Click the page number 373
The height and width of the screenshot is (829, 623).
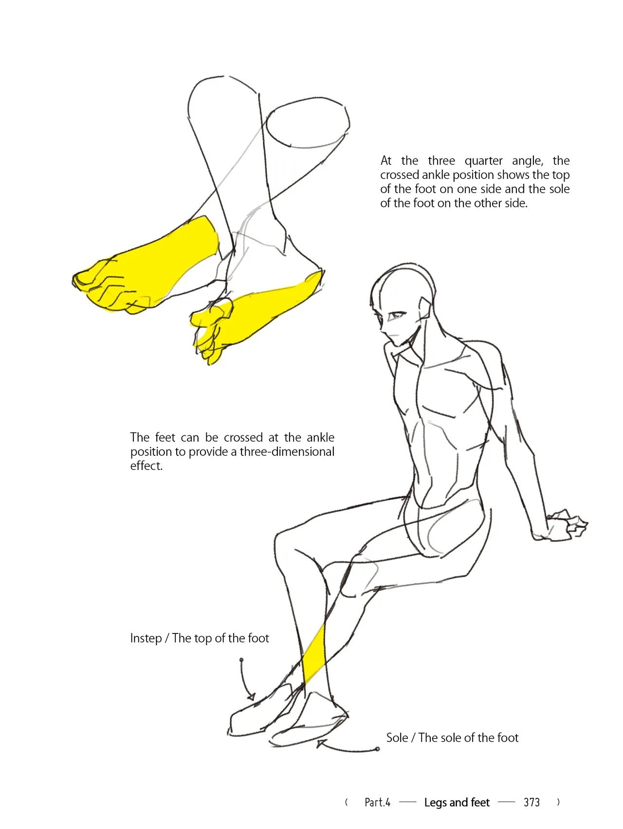[531, 802]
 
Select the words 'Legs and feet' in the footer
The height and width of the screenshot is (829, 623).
[457, 802]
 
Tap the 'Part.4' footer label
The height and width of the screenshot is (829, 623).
[377, 802]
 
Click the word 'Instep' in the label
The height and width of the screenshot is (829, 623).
[146, 638]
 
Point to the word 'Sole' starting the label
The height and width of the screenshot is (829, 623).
[397, 738]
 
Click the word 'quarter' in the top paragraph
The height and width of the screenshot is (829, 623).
[483, 161]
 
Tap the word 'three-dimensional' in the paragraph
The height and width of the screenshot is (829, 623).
[287, 451]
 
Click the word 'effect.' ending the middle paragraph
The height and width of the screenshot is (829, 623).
[146, 466]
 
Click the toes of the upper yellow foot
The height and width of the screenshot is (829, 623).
[105, 287]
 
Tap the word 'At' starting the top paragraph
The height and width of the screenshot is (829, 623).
[386, 161]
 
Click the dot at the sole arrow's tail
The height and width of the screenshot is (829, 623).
[377, 749]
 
